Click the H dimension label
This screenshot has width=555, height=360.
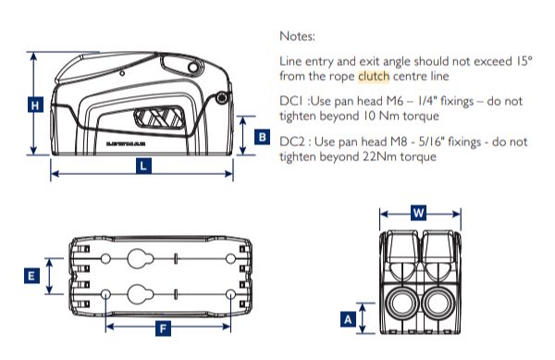coord(33,106)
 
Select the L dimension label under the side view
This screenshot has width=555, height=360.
coord(142,167)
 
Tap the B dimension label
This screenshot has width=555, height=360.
coord(262,137)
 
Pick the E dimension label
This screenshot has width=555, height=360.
coord(31,276)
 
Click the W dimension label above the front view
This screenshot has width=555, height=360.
coord(418,213)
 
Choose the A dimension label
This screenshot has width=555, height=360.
coord(348,319)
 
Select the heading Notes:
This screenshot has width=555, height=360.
coord(298,37)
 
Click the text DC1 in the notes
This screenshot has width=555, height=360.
coord(291,101)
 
